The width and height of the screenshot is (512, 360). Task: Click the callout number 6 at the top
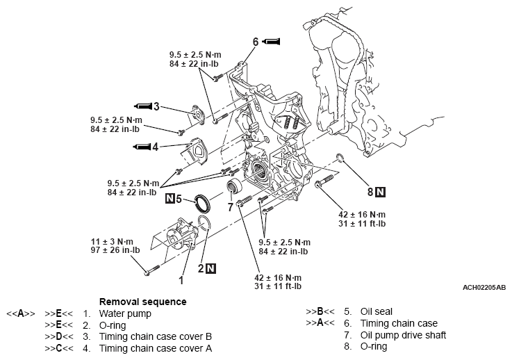pyautogui.click(x=256, y=42)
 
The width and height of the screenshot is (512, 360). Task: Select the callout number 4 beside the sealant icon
pyautogui.click(x=156, y=147)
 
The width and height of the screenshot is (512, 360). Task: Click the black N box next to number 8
pyautogui.click(x=381, y=190)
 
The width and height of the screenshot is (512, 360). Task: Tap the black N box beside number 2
pyautogui.click(x=211, y=268)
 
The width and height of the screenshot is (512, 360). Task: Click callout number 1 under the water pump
pyautogui.click(x=181, y=281)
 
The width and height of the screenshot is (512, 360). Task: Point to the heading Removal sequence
pyautogui.click(x=142, y=302)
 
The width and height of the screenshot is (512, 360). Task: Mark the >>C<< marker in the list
pyautogui.click(x=57, y=347)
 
